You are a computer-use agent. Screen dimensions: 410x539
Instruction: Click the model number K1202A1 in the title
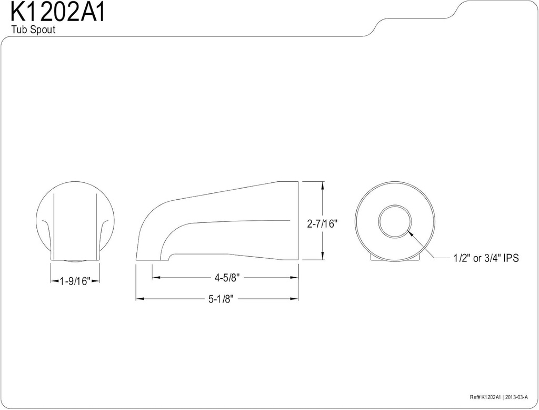point(58,12)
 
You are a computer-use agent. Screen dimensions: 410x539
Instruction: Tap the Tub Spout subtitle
point(33,30)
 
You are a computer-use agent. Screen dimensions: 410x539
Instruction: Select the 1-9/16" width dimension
point(75,281)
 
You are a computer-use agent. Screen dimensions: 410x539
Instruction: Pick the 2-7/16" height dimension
point(322,223)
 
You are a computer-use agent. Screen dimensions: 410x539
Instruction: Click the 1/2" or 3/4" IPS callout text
point(485,259)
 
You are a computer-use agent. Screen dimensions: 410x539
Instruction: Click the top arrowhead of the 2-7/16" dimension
point(322,184)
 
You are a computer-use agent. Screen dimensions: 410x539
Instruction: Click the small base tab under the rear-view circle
point(395,258)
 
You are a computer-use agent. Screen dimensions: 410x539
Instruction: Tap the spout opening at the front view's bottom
point(75,260)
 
